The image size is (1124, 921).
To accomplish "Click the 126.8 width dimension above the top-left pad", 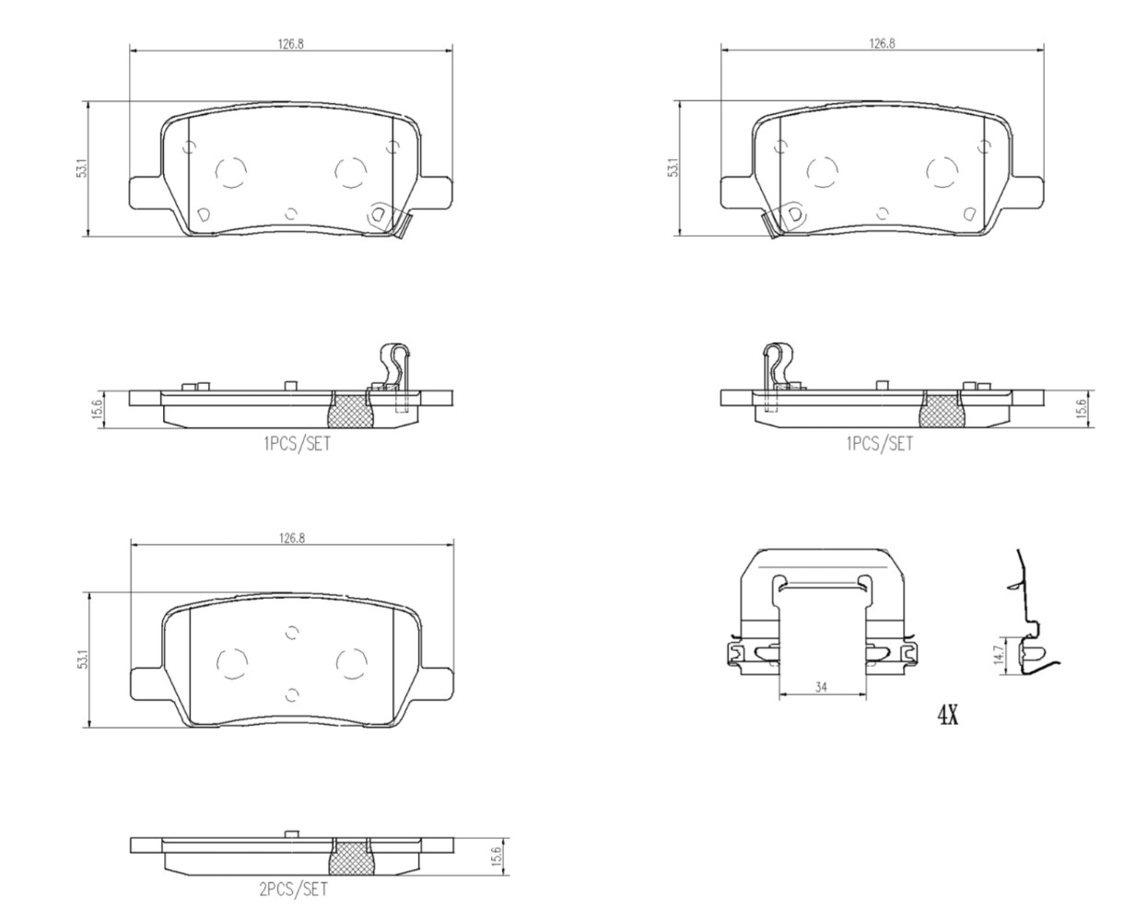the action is [x=290, y=43].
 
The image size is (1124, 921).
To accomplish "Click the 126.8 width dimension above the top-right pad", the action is [x=882, y=43].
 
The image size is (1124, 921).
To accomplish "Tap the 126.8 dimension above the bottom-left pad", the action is [x=291, y=538].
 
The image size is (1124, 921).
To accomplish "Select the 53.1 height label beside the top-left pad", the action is [x=82, y=169].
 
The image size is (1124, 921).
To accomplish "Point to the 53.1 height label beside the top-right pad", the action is [x=673, y=168].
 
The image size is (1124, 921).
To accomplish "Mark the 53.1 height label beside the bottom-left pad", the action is [x=82, y=661].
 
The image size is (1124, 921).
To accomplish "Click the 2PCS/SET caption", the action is [x=294, y=889].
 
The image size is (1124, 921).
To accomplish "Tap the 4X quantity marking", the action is [x=948, y=716].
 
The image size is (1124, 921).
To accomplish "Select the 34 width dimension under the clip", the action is [x=821, y=688].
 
